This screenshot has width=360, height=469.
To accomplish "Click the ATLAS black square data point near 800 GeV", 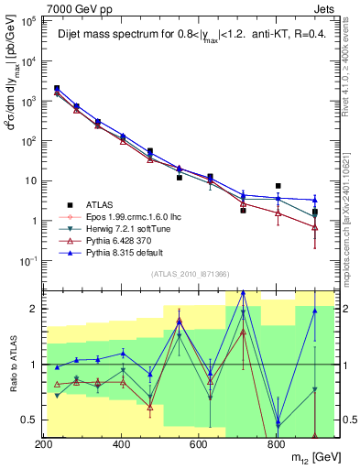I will [x=278, y=186].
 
